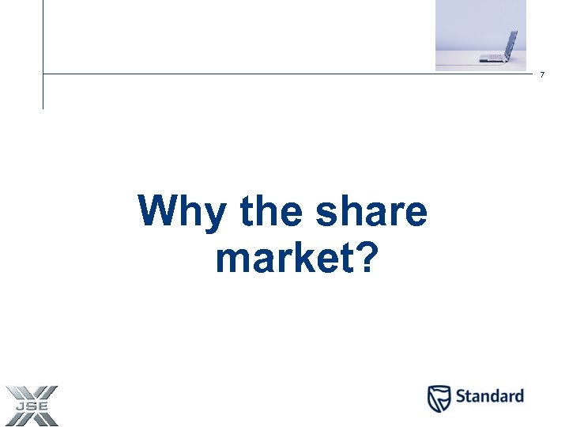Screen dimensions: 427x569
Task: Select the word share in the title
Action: tap(371, 212)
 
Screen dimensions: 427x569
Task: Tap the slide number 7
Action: tap(542, 75)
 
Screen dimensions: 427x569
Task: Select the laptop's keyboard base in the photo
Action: tap(492, 58)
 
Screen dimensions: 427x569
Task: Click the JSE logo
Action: tap(32, 404)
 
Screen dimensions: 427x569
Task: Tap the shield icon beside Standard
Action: tap(439, 398)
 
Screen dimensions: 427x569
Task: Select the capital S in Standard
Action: tap(461, 396)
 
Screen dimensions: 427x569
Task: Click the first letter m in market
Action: tap(228, 260)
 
